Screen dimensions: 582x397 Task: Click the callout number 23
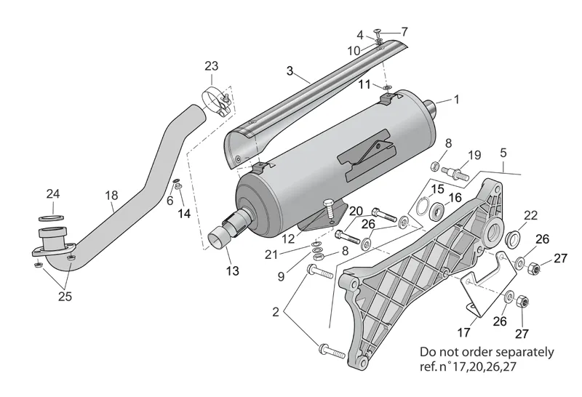211,66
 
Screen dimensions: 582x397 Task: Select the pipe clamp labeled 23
217,102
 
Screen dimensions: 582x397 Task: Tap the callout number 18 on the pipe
112,195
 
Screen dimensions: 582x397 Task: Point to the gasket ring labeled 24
51,217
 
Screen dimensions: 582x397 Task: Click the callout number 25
65,297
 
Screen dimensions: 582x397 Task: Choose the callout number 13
232,271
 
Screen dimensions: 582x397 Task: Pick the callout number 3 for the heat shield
290,71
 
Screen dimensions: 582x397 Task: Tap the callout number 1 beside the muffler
457,100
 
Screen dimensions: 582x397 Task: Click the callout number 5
503,153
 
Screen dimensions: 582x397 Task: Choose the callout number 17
463,332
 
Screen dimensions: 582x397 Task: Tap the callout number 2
276,312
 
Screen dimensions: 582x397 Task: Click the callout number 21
271,255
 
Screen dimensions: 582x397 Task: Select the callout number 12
288,239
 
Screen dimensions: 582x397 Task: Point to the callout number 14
184,213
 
